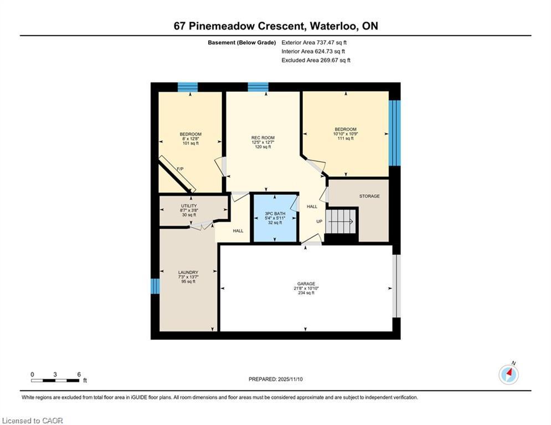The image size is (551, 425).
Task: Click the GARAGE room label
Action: (306, 284)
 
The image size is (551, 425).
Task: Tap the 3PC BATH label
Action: (275, 214)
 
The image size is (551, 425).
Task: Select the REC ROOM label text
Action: (263, 138)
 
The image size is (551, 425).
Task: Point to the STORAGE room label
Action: (369, 196)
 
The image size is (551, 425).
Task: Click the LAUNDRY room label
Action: (188, 272)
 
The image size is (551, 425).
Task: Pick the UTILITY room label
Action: (189, 206)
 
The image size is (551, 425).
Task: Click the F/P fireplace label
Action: (180, 169)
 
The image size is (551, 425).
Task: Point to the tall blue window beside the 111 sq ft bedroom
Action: (395, 133)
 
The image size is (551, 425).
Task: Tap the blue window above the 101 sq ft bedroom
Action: (188, 87)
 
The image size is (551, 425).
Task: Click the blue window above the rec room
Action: (258, 87)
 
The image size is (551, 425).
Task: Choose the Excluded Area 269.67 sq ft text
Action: (316, 60)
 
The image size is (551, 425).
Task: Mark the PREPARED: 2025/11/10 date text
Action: (276, 379)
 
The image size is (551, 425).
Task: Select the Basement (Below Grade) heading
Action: (242, 43)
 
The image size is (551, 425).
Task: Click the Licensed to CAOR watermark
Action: (32, 421)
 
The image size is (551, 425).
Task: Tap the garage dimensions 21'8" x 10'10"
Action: (306, 288)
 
